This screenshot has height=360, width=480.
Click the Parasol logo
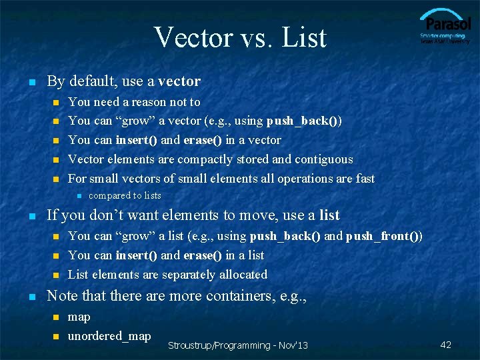pos(445,27)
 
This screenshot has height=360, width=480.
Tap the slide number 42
pos(446,345)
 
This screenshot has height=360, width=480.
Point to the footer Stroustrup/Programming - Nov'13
pos(238,345)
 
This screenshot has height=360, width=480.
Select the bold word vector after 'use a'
pos(179,81)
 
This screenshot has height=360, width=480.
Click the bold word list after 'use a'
pos(329,215)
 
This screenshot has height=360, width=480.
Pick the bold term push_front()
pos(383,236)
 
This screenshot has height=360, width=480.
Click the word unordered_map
pos(109,335)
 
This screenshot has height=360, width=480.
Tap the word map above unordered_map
pos(79,317)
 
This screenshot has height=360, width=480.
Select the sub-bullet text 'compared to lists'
pos(125,195)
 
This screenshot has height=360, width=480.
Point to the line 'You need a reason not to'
pos(134,102)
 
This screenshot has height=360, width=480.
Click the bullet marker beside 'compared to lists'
pos(78,196)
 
